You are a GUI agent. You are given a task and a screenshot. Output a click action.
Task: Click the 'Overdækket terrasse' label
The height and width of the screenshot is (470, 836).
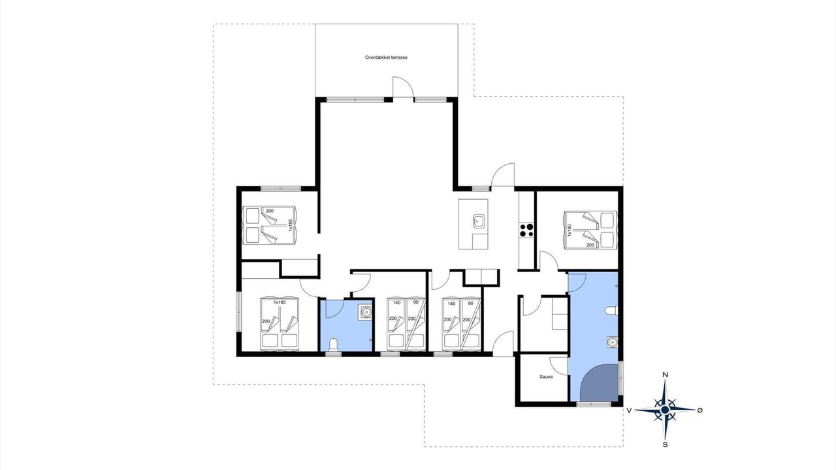386,57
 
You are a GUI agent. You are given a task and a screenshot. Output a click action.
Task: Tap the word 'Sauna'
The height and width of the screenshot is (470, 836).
546,377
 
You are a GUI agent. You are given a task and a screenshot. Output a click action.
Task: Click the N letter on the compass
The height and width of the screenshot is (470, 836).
665,375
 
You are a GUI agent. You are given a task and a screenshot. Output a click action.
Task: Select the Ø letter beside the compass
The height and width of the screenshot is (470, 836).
699,411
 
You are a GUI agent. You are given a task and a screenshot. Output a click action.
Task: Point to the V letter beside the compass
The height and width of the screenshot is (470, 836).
629,411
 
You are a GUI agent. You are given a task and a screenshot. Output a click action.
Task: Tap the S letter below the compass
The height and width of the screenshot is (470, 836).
665,445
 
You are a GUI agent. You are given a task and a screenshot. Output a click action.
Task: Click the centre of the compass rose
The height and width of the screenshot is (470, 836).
665,411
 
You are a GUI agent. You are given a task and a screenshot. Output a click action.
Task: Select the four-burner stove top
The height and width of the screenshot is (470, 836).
526,230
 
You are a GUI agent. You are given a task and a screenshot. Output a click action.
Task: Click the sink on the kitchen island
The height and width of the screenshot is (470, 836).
479,221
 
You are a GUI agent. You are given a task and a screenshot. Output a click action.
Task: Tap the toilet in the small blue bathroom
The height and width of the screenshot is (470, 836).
332,345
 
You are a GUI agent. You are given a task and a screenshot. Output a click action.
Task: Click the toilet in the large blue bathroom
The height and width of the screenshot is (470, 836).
611,311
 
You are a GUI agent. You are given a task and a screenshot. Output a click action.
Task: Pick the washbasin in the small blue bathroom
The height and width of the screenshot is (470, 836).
366,311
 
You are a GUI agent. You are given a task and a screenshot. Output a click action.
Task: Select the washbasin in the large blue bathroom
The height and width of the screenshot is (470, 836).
612,341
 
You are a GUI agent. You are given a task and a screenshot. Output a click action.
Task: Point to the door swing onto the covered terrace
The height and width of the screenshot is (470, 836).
404,87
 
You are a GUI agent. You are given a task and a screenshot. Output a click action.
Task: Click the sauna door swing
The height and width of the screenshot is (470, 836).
558,366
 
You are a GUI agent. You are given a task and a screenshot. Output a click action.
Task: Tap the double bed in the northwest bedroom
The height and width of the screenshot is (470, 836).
269,225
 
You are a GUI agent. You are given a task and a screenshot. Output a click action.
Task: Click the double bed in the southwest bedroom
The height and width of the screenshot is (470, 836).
280,324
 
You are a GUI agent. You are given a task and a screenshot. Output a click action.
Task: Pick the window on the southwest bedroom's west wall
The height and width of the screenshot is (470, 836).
239,312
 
